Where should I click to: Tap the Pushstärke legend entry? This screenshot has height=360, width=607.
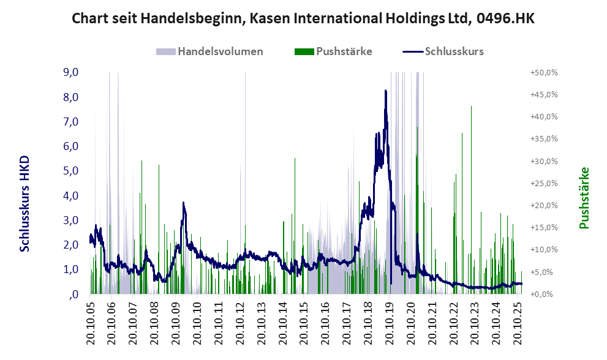pos(344,51)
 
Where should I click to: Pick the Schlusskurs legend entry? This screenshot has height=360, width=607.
pos(454,51)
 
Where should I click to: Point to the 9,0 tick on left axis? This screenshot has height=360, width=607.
pos(70,72)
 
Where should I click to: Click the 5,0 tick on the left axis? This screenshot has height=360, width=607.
pos(70,171)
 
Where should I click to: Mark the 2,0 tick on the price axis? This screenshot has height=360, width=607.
pos(70,245)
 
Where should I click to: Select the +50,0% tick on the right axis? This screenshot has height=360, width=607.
pos(543,72)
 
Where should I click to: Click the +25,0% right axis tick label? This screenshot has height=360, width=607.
pos(543,183)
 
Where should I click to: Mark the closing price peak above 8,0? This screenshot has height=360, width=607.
pos(385,91)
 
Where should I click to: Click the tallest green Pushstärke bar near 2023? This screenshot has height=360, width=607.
pos(471,107)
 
